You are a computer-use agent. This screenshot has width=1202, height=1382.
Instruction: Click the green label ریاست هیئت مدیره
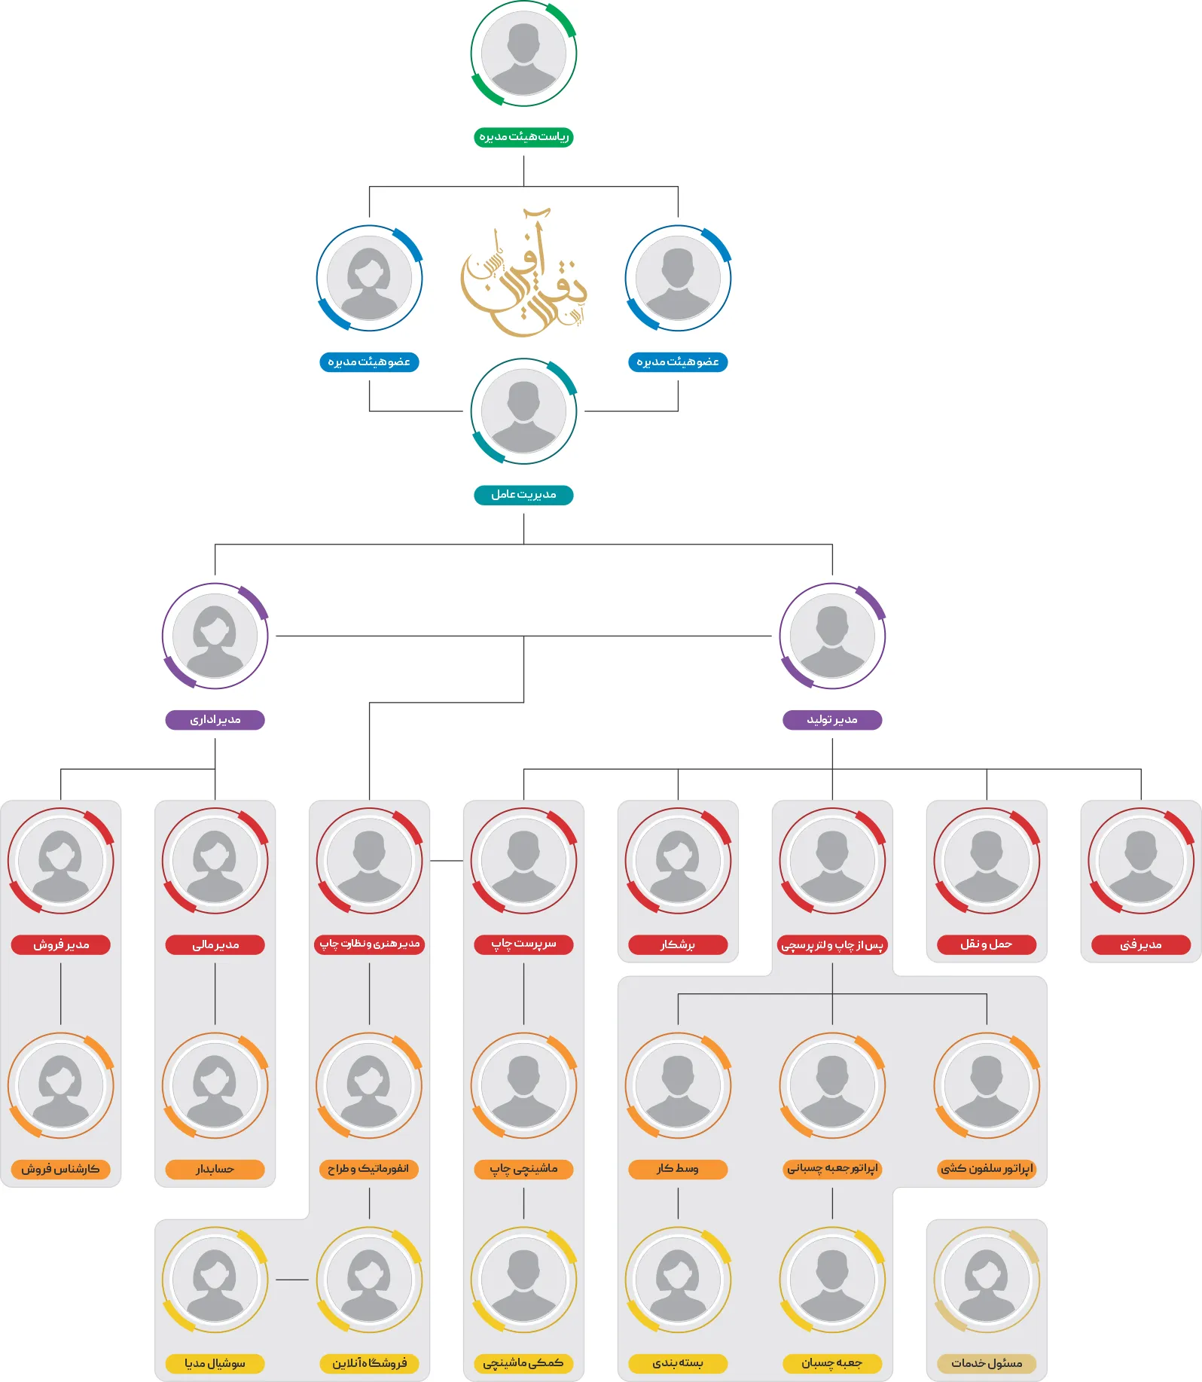coord(523,137)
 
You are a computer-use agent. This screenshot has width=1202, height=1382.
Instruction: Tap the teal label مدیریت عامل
coord(523,495)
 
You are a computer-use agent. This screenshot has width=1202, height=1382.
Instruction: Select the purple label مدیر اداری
coord(215,720)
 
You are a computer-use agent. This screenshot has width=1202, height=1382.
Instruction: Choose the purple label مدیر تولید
coord(832,720)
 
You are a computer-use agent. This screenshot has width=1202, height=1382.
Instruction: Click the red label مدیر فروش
coord(61,944)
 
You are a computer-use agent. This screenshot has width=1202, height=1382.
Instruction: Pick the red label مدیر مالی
coord(215,944)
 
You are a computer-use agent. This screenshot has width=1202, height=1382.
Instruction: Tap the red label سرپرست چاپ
coord(523,944)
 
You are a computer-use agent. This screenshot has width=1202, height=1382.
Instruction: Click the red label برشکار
coord(678,944)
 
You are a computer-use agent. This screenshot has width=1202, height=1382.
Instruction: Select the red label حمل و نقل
coord(987,944)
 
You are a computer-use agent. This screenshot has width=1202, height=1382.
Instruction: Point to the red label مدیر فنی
coord(1141,944)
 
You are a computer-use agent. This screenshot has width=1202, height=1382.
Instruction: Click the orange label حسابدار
coord(215,1169)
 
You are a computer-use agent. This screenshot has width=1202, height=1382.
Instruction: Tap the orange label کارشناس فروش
coord(61,1169)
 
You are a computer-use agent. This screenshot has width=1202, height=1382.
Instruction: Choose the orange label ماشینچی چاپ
coord(523,1169)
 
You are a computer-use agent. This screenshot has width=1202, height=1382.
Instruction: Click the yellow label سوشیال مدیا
coord(215,1363)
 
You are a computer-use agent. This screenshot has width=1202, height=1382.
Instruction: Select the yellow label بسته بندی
coord(678,1363)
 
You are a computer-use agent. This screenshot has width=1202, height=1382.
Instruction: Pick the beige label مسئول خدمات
coord(987,1363)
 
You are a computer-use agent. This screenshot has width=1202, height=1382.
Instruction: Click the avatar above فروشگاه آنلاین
coord(369,1280)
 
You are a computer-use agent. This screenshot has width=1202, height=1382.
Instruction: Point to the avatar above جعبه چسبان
coord(832,1280)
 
